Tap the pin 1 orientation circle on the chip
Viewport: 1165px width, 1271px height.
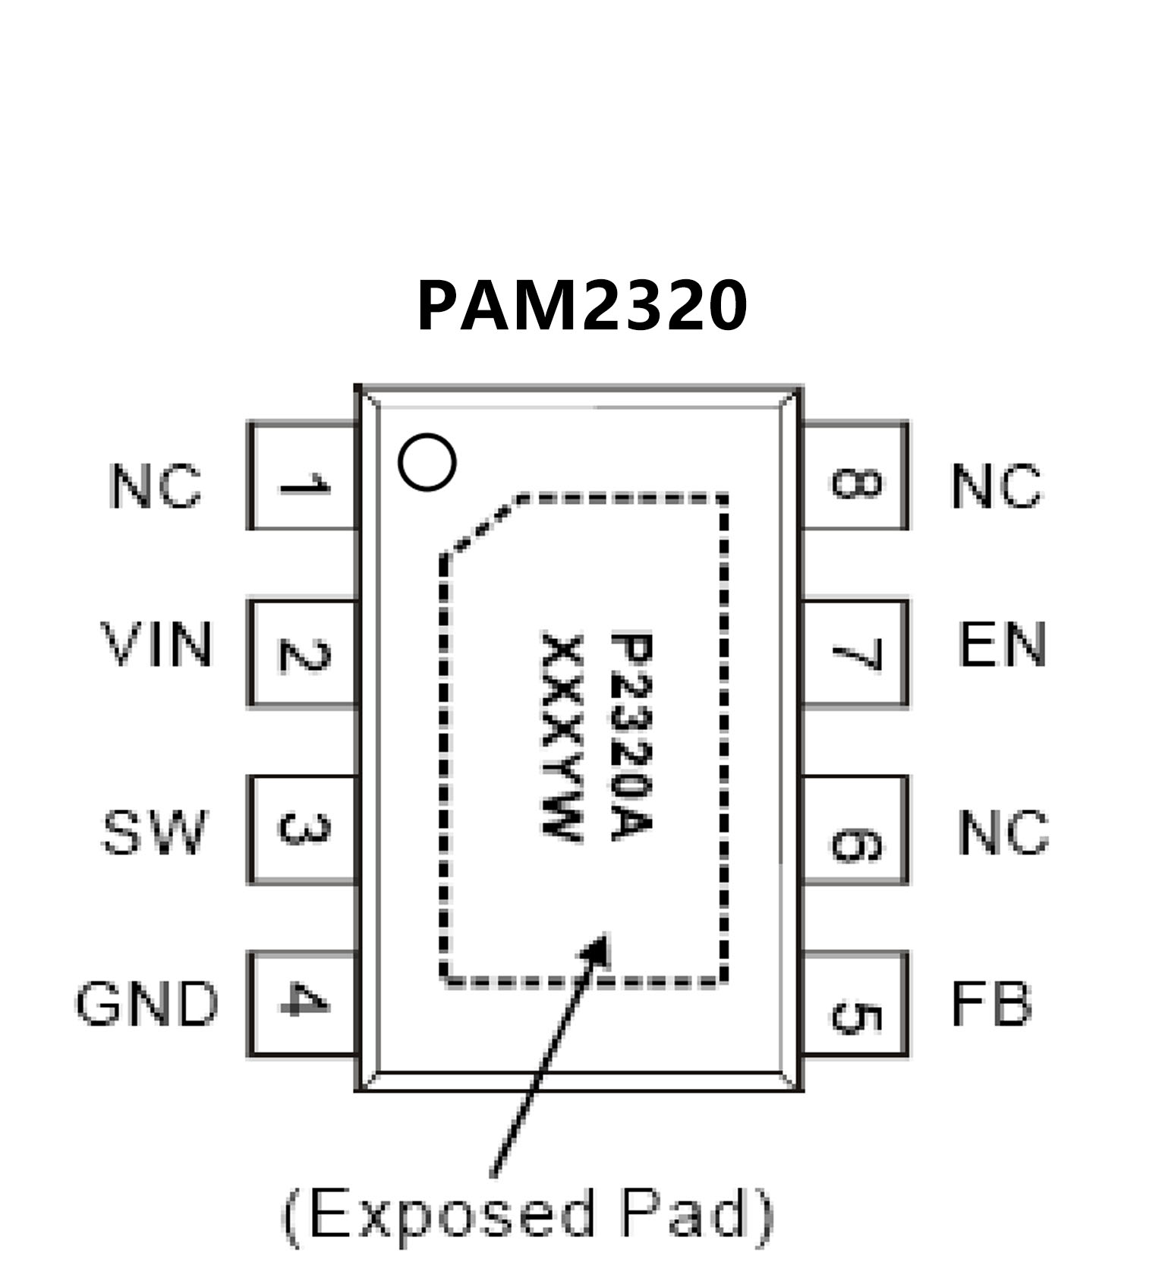(x=427, y=461)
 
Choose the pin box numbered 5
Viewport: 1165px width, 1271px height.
(x=855, y=1004)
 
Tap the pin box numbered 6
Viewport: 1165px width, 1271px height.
(x=855, y=829)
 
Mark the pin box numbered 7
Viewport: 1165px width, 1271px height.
(x=855, y=653)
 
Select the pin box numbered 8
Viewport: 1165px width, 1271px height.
(x=855, y=476)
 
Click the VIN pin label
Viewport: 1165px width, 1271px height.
(x=156, y=645)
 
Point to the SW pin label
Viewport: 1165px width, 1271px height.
(x=154, y=832)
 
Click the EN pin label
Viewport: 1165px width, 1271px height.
(x=1002, y=645)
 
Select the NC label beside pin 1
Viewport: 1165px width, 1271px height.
(x=156, y=486)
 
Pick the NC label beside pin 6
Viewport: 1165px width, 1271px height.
(x=1003, y=832)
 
